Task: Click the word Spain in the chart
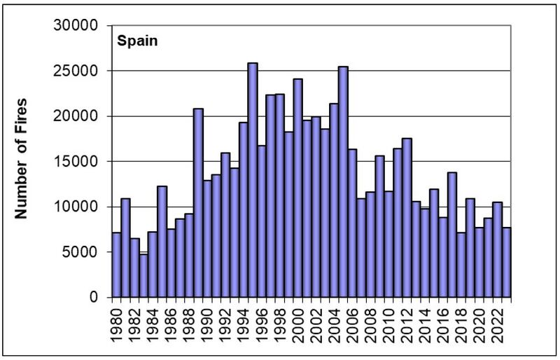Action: [x=136, y=40]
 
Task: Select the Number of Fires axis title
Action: [x=22, y=158]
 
